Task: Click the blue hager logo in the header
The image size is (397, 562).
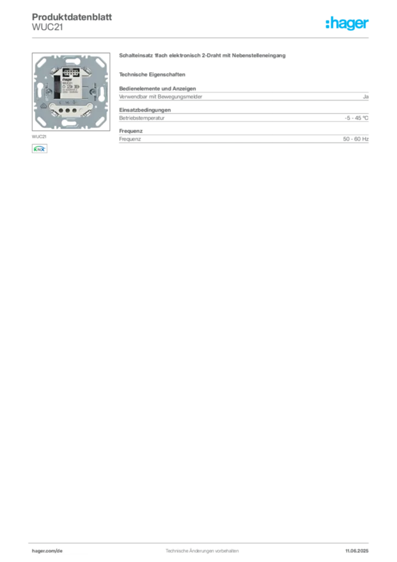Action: (348, 24)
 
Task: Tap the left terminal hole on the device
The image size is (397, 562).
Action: (61, 110)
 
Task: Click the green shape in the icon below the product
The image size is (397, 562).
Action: (37, 148)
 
